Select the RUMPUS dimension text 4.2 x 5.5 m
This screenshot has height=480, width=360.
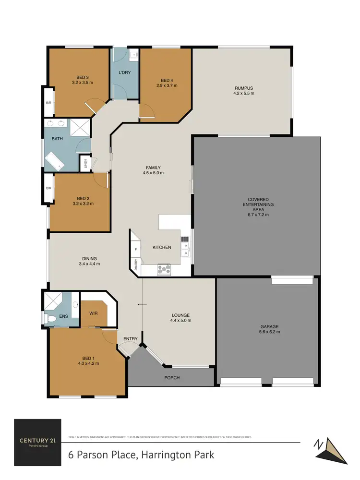pyautogui.click(x=243, y=93)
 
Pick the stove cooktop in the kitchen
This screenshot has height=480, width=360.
pyautogui.click(x=164, y=270)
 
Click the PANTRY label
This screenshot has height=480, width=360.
pyautogui.click(x=136, y=265)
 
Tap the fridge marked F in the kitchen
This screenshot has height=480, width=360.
pyautogui.click(x=136, y=250)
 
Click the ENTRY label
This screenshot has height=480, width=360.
pyautogui.click(x=130, y=339)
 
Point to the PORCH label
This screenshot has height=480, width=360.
pyautogui.click(x=172, y=378)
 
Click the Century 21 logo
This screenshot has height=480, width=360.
pyautogui.click(x=37, y=442)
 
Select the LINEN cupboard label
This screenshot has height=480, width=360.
pyautogui.click(x=86, y=164)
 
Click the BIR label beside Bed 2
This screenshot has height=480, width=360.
pyautogui.click(x=48, y=188)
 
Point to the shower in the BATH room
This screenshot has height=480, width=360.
pyautogui.click(x=83, y=127)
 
